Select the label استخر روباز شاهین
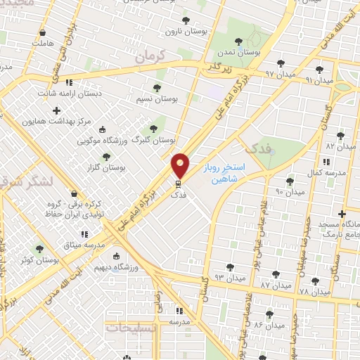pyautogui.click(x=228, y=173)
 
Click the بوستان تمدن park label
pyautogui.click(x=239, y=53)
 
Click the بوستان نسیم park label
pyautogui.click(x=156, y=99)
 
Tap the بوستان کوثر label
pyautogui.click(x=39, y=259)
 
